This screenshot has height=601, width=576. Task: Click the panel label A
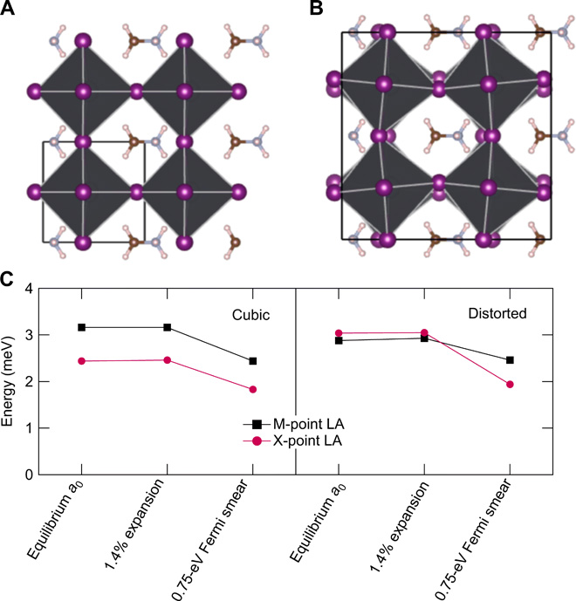point(11,11)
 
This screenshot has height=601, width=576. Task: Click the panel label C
point(11,280)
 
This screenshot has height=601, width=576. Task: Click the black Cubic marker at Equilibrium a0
point(81,327)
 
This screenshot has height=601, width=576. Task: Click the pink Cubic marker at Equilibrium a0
point(81,361)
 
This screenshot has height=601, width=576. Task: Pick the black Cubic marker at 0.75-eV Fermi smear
point(252,361)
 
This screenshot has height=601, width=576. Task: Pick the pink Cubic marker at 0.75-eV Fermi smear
point(252,389)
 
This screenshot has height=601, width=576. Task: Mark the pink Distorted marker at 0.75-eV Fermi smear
point(510,385)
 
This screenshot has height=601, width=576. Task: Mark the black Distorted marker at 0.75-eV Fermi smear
point(510,360)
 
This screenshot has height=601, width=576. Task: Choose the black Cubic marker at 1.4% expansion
point(167,327)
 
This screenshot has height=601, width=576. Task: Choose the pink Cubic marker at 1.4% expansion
point(167,360)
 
